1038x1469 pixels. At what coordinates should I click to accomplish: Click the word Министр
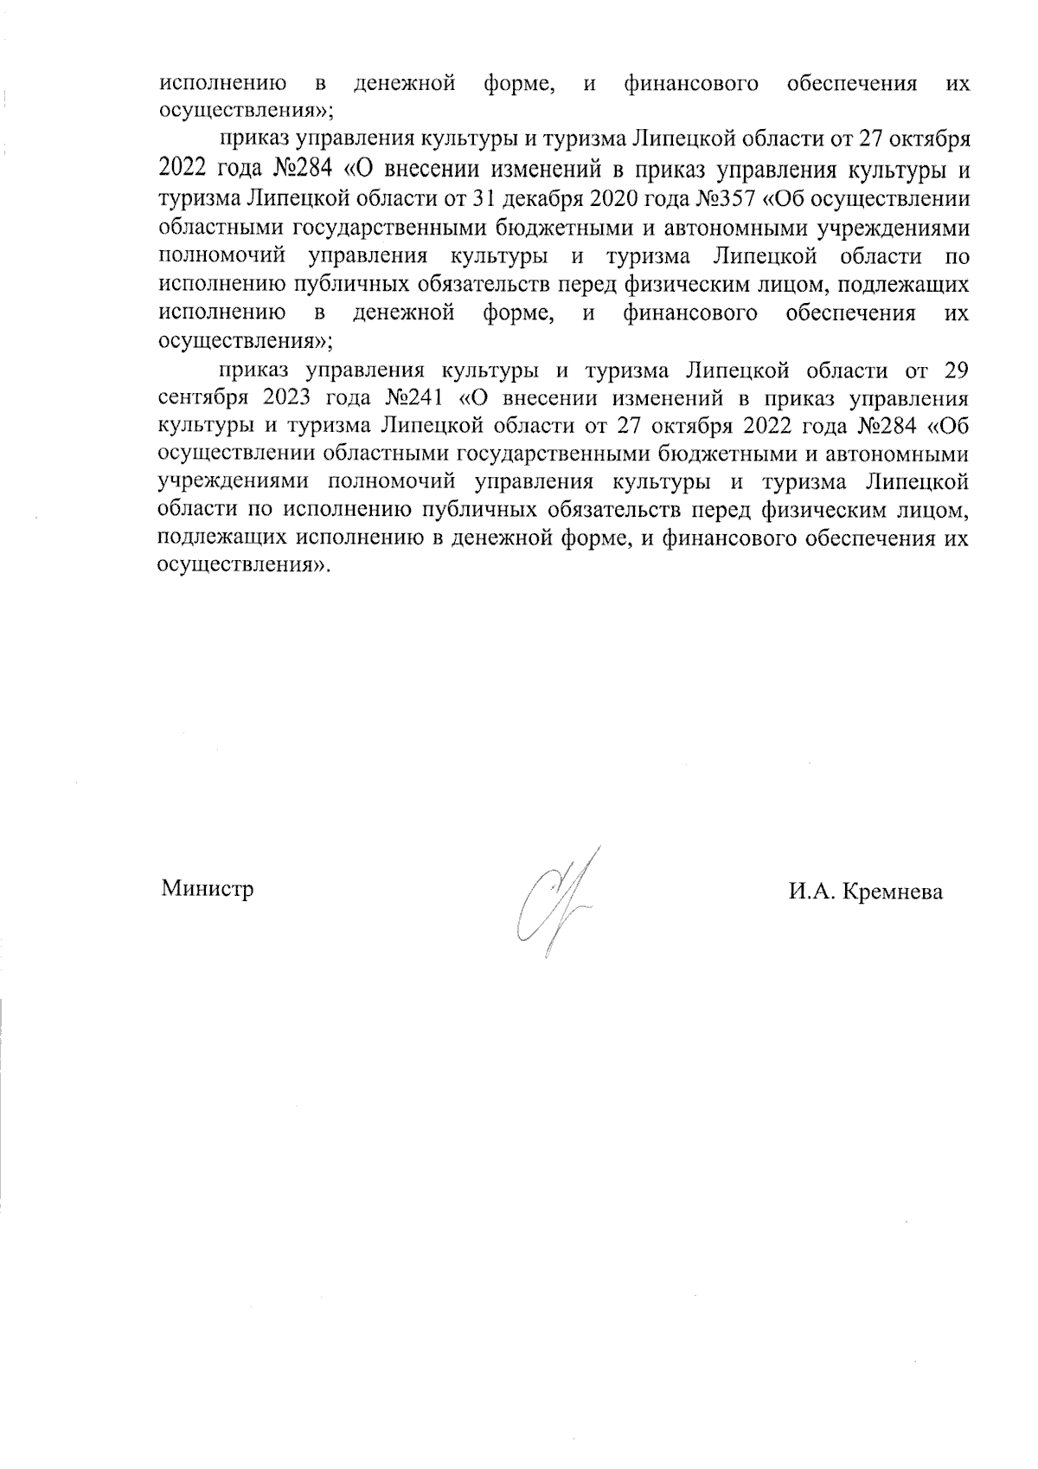207,889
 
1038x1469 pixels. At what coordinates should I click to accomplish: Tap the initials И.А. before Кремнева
810,892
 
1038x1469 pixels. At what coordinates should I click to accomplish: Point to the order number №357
724,199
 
